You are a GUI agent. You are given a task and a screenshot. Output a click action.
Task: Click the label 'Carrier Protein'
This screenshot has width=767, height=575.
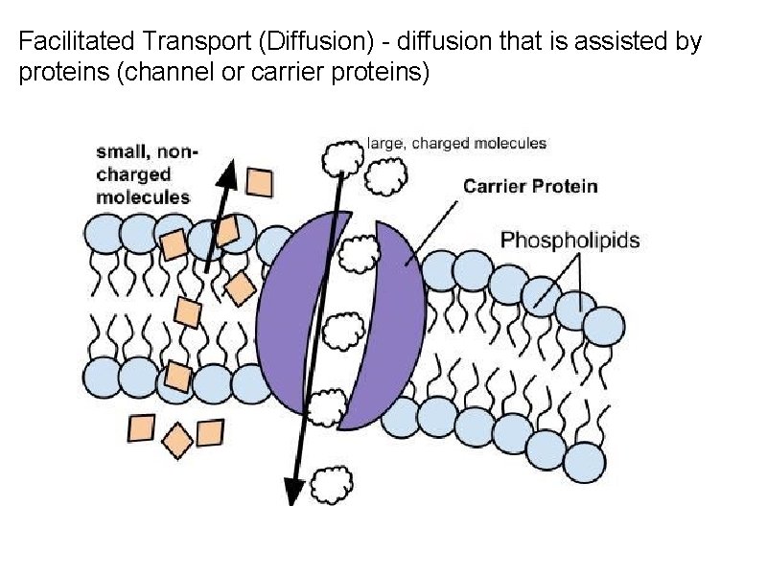coord(530,186)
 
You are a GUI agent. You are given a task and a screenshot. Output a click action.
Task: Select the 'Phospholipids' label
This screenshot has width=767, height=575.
coord(569,240)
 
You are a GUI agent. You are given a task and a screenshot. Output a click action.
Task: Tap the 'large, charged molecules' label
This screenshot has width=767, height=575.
coord(456,144)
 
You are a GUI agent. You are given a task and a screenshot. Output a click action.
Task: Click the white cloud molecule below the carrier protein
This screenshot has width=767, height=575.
coord(334,479)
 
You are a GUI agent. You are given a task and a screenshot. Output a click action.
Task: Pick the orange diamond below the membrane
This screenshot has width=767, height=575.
coord(177,440)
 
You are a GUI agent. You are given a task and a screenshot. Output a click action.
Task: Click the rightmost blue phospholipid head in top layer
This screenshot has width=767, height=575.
coord(604,325)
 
